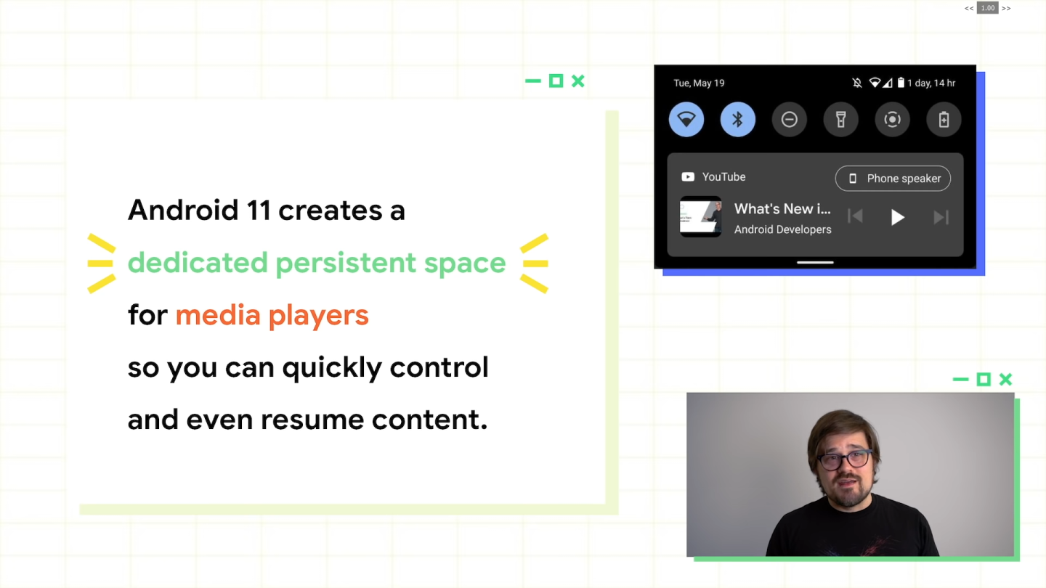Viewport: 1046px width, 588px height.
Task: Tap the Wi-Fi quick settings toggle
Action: (686, 120)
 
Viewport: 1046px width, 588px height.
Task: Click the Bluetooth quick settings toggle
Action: (737, 120)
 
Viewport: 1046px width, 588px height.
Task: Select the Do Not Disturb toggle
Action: (790, 120)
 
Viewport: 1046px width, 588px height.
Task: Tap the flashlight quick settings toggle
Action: (841, 120)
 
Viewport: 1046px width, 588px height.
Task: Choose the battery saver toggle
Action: (944, 120)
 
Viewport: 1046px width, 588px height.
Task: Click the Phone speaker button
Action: (893, 179)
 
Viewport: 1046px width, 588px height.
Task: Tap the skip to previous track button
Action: (856, 217)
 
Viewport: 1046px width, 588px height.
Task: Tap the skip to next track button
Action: (941, 217)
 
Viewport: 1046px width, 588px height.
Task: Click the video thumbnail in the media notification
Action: (701, 217)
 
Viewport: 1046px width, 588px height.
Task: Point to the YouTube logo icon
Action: (687, 177)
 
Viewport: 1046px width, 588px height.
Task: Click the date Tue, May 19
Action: (699, 83)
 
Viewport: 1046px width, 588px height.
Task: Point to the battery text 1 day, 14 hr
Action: (931, 83)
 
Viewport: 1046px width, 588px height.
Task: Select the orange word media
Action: (219, 315)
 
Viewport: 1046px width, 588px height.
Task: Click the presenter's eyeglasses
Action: (844, 459)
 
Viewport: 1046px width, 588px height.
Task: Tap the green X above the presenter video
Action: (1005, 379)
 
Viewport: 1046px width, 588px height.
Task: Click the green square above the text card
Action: (556, 81)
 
